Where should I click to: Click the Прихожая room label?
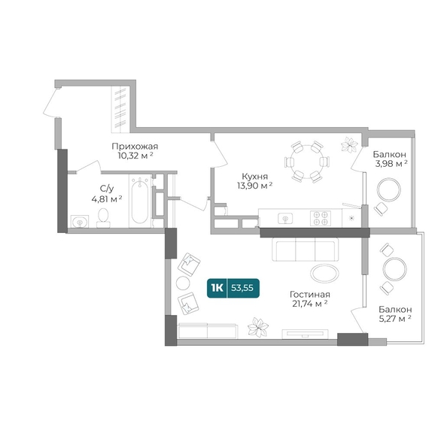coord(135,147)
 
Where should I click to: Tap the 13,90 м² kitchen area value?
coord(254,186)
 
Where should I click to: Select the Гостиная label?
coord(309,294)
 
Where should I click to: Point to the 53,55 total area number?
coord(242,288)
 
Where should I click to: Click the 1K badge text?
coord(217,288)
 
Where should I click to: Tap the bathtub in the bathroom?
coord(140,201)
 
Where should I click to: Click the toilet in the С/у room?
coord(103,218)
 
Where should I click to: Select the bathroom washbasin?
coord(80,221)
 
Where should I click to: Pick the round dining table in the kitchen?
coord(307,162)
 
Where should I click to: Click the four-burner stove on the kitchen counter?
coord(321,218)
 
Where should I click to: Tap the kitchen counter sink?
coord(285,219)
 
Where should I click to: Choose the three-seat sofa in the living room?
coord(306,249)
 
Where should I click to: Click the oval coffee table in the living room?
coord(324,274)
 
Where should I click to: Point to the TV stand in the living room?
coord(305,334)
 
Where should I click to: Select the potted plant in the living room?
coord(257,327)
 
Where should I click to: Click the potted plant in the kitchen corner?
coord(349,145)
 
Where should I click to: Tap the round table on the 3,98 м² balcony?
coord(389,189)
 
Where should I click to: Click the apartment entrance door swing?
coord(51,102)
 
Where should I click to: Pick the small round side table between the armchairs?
coord(183,283)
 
